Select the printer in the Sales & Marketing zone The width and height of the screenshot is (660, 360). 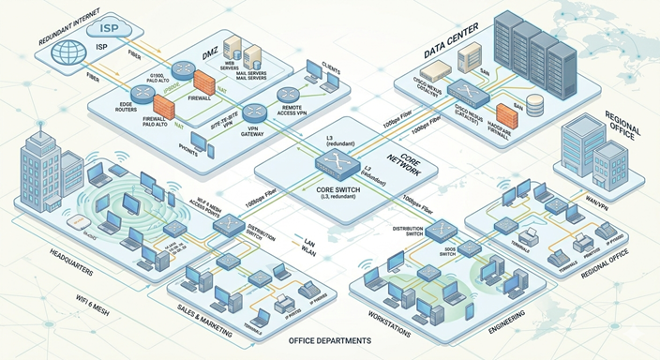coord(281,301)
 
